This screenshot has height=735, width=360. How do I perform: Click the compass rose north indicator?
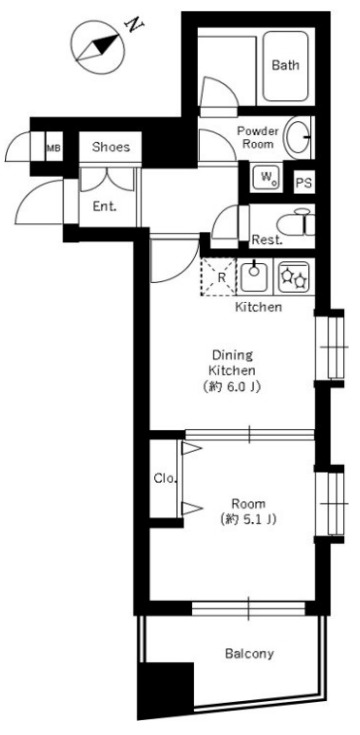click(x=99, y=47)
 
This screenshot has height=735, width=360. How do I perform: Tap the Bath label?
click(x=285, y=65)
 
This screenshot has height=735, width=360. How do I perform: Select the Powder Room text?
click(x=258, y=137)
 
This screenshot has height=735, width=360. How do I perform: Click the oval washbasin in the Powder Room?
click(x=298, y=138)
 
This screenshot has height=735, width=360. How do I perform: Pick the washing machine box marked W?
click(x=267, y=178)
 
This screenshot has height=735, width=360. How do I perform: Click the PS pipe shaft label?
click(x=303, y=183)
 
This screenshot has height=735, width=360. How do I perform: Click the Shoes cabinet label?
click(x=111, y=147)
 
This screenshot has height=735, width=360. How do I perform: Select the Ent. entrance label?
click(x=104, y=207)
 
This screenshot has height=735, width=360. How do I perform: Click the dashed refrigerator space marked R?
click(x=218, y=277)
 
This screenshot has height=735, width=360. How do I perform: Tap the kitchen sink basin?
click(x=255, y=276)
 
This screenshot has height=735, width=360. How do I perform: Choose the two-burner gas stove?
click(x=294, y=276)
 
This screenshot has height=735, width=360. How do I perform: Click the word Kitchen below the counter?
click(x=258, y=308)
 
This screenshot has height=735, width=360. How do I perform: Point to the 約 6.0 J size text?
click(x=232, y=387)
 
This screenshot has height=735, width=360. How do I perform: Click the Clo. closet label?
click(x=165, y=479)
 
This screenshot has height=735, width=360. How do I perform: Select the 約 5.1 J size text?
click(x=248, y=519)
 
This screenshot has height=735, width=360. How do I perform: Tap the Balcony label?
click(x=249, y=653)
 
